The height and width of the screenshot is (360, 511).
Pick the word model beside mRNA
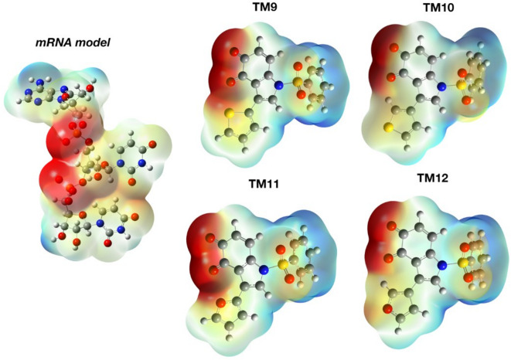96,41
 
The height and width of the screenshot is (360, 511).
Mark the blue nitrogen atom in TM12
443,265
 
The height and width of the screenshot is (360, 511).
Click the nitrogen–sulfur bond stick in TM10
451,85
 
